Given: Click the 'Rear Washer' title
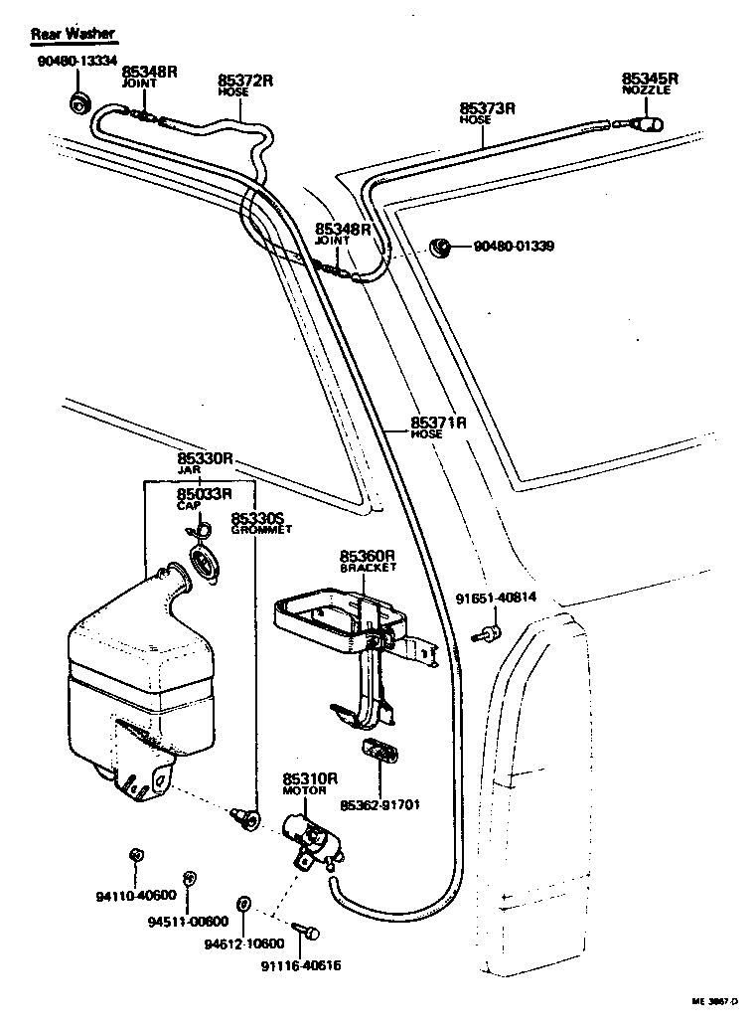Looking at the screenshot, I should [x=73, y=34].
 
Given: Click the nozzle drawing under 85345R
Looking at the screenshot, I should [x=647, y=125].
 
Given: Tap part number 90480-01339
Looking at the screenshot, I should [x=514, y=247].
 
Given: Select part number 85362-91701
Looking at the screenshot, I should [x=379, y=803].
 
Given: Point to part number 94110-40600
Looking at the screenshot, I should [x=136, y=895].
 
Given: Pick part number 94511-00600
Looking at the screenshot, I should [x=189, y=921].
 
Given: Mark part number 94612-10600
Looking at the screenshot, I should [x=244, y=943].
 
